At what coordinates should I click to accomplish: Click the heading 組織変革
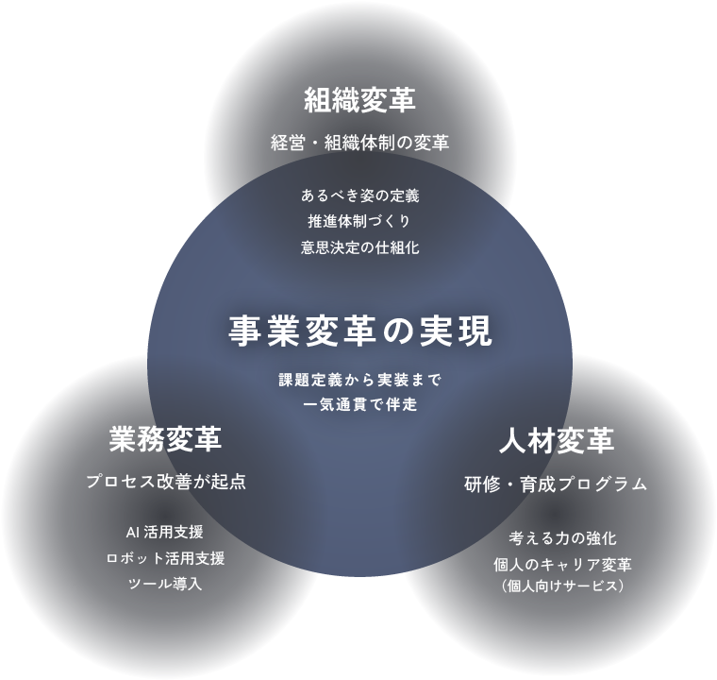[x=359, y=100]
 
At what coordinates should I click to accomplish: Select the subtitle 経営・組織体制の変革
[x=359, y=143]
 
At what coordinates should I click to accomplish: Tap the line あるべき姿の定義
[x=359, y=196]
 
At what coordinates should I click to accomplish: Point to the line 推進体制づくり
[x=359, y=222]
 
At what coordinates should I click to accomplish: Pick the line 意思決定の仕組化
[x=359, y=247]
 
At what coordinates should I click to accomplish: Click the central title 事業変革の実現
[x=359, y=331]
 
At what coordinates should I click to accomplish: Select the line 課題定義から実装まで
[x=359, y=379]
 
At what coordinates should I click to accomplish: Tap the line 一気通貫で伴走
[x=359, y=404]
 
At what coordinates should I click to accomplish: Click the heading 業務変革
[x=165, y=439]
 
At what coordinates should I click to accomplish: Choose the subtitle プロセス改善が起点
[x=166, y=482]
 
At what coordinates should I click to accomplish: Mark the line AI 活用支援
[x=164, y=532]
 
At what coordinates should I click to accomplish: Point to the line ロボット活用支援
[x=165, y=558]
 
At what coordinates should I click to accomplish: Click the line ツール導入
[x=165, y=584]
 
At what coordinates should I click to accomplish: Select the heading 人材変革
[x=557, y=440]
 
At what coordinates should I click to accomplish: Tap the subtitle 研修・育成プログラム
[x=556, y=484]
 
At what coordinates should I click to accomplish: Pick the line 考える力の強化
[x=562, y=538]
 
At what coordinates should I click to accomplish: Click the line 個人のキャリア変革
[x=562, y=565]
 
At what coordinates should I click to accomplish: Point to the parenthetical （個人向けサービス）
[x=562, y=586]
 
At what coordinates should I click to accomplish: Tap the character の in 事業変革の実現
[x=397, y=331]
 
